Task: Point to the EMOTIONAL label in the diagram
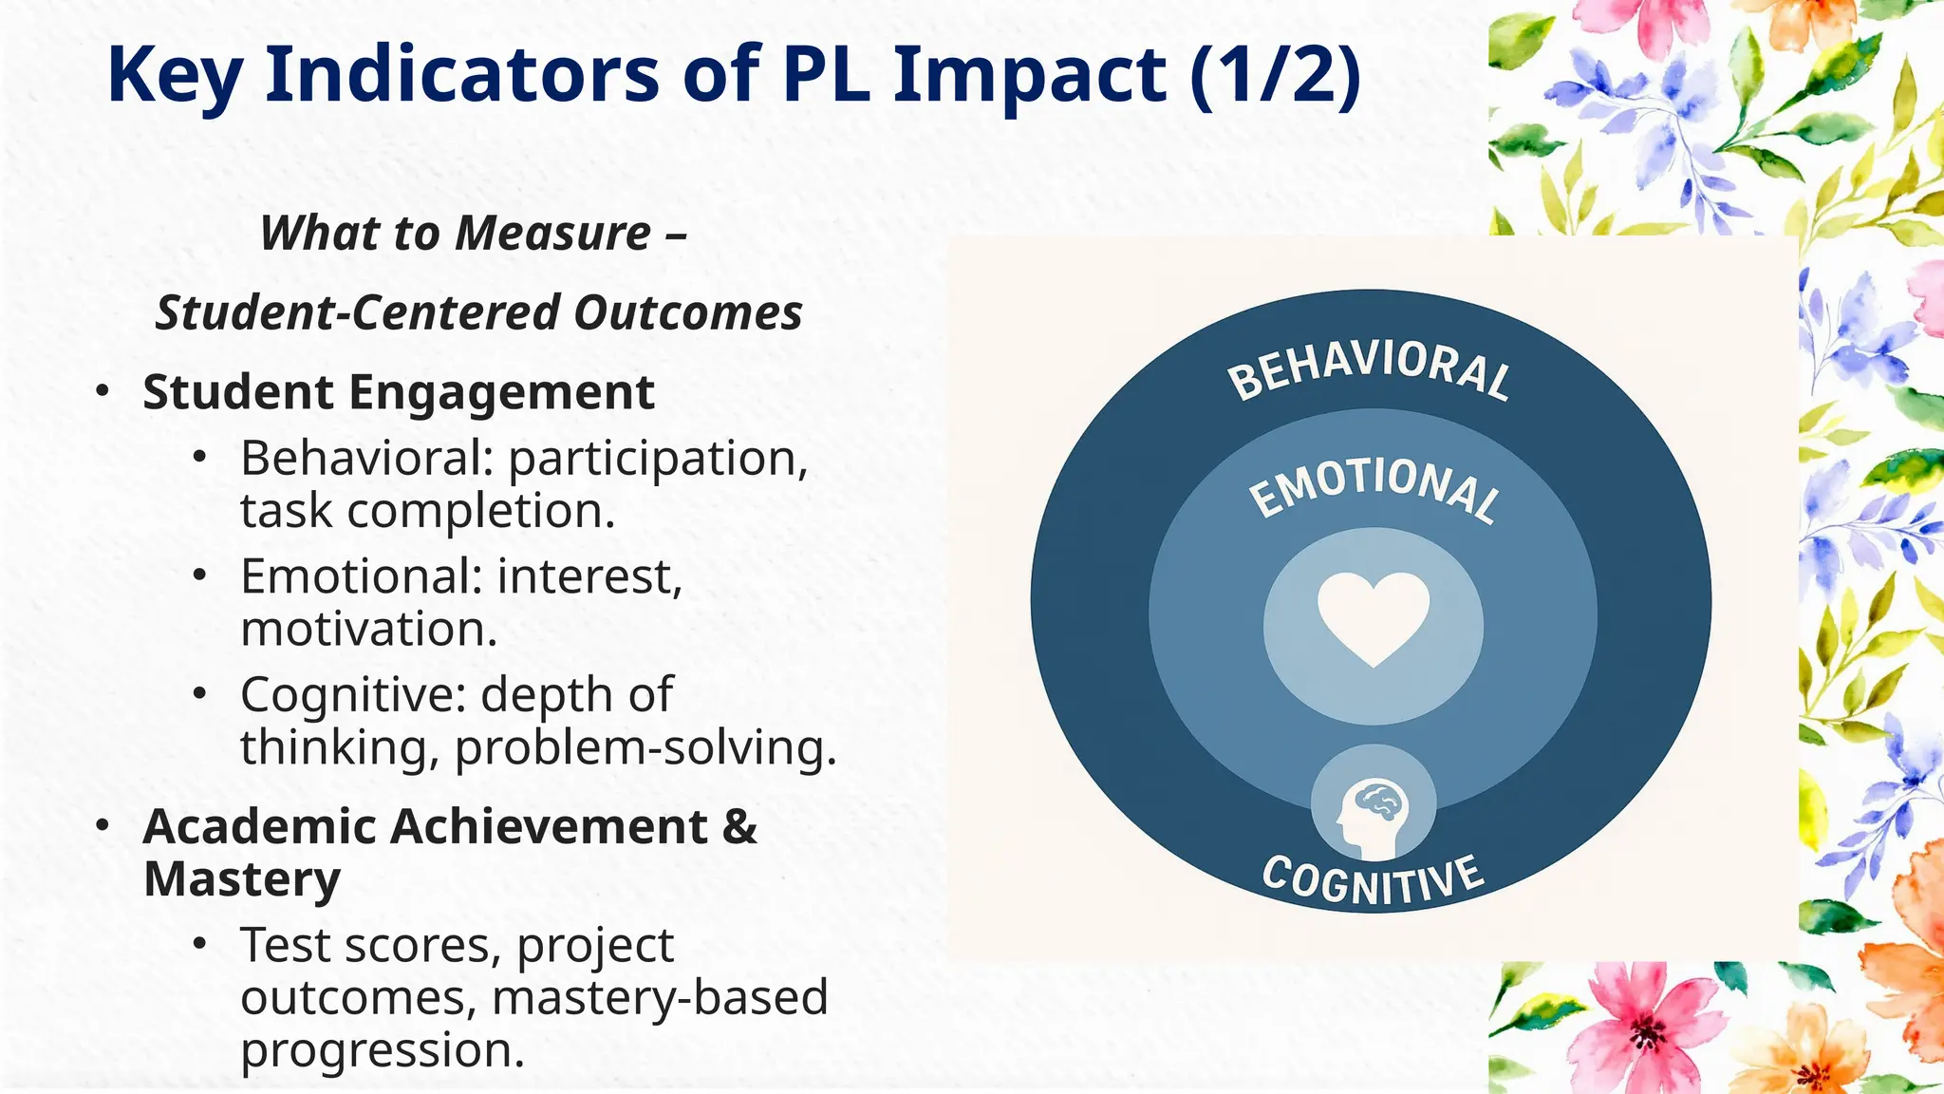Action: (x=1374, y=487)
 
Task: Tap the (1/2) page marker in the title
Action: (x=1275, y=76)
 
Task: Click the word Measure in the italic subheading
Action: (x=554, y=234)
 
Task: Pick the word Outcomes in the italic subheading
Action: (x=688, y=313)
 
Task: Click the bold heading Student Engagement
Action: (x=399, y=392)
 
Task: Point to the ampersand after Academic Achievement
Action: (x=738, y=826)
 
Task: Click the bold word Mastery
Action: (x=242, y=879)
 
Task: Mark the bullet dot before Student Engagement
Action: (x=103, y=392)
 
